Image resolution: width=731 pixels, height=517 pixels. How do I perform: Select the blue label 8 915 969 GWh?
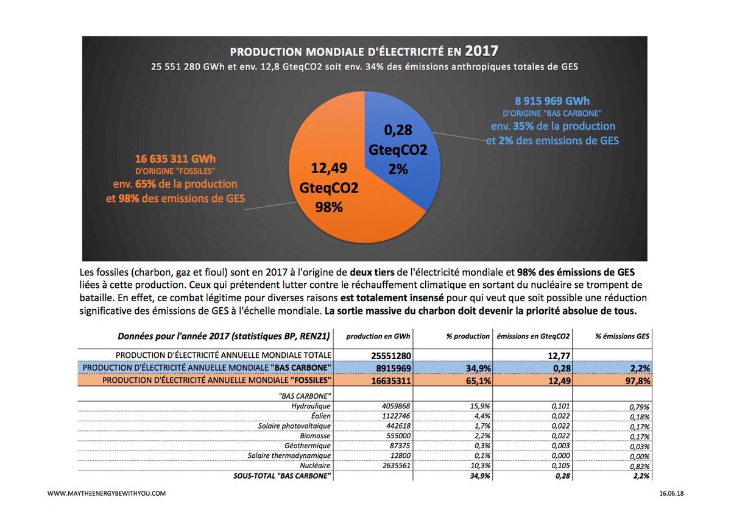[553, 101]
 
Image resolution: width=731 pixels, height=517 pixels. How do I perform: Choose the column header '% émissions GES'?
[623, 336]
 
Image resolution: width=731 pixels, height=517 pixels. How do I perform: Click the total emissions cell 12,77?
[558, 355]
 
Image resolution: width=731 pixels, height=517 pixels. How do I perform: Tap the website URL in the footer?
[106, 493]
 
